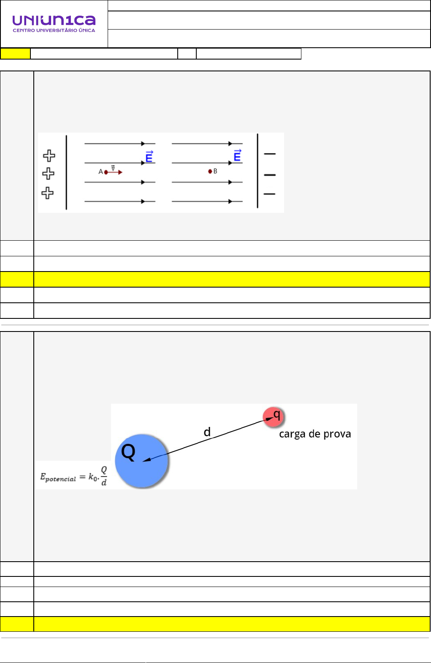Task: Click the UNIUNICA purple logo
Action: click(54, 20)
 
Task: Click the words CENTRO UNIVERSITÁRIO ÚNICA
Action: click(54, 30)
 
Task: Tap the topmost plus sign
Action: click(49, 156)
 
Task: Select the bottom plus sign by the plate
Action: click(48, 193)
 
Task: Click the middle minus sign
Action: click(269, 174)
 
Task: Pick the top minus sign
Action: click(269, 154)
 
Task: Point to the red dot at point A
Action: click(106, 172)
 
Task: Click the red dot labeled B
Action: click(210, 171)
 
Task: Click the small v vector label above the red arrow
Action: click(113, 168)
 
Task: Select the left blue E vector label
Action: click(149, 157)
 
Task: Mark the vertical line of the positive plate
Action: click(66, 172)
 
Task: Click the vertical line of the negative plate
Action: click(258, 171)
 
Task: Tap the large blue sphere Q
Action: click(141, 461)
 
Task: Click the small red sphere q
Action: click(274, 416)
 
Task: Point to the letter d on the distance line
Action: click(207, 432)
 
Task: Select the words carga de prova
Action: click(315, 434)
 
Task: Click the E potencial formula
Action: click(73, 476)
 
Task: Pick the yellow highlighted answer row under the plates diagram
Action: click(231, 280)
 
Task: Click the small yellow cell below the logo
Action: click(16, 54)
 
